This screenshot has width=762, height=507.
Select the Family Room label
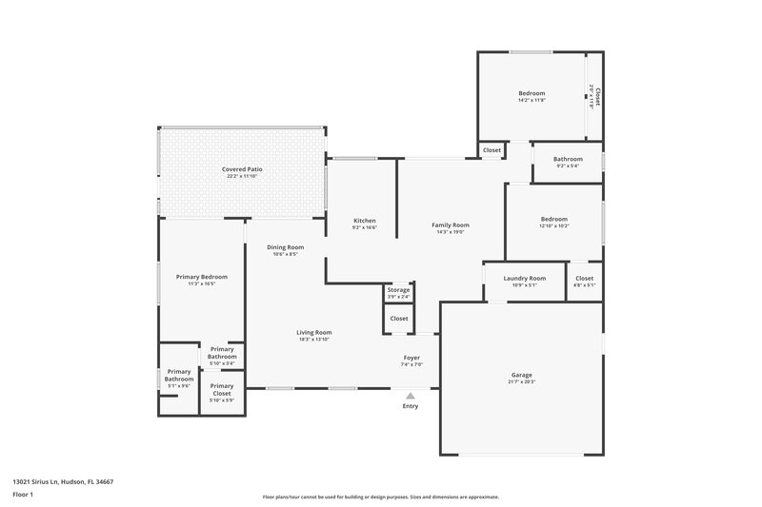(x=451, y=225)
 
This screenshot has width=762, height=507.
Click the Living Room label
(x=314, y=332)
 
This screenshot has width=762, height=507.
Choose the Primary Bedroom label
(x=202, y=277)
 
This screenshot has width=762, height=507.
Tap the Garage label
(x=522, y=375)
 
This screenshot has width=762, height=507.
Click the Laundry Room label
(x=525, y=278)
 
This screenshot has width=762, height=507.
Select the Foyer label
(x=411, y=358)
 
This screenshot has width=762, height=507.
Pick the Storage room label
(x=398, y=289)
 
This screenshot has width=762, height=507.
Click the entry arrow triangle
(x=411, y=395)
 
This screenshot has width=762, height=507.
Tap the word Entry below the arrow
(x=411, y=407)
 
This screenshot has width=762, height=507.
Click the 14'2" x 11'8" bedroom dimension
(x=531, y=100)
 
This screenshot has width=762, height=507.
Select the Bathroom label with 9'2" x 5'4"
(x=569, y=159)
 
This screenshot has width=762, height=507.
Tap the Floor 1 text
(x=23, y=496)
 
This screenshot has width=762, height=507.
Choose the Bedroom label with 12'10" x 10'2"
(x=554, y=219)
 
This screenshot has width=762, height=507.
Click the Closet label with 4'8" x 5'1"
(x=585, y=278)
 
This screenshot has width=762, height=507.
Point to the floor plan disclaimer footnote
(x=380, y=497)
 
